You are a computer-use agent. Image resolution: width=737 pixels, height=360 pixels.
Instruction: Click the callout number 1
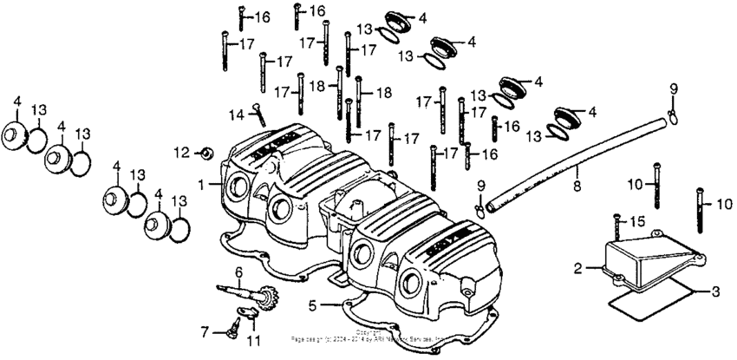pos(202,185)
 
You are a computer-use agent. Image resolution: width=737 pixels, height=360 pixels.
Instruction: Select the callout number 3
pos(715,292)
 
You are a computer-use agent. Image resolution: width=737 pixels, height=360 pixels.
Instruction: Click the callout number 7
pos(205,331)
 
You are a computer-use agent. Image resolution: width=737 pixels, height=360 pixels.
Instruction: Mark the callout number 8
pos(574,185)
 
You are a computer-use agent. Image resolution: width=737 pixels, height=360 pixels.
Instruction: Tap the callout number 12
pos(180,153)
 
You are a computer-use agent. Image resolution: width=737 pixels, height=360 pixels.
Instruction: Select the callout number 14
pos(234,115)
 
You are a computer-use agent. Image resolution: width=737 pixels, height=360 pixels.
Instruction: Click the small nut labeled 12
pos(206,154)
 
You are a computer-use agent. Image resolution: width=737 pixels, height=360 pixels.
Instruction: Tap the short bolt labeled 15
pos(616,228)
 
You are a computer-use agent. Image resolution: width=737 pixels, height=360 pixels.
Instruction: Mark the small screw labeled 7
pos(232,329)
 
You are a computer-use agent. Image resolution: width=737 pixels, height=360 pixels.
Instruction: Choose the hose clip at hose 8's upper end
pos(672,111)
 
